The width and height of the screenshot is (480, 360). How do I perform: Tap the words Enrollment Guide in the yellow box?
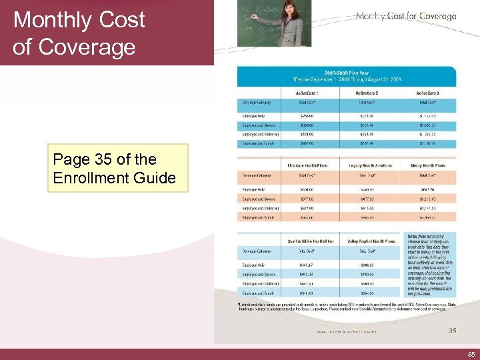pos(114,178)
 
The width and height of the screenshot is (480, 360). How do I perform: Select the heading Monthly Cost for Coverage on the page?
pos(406,16)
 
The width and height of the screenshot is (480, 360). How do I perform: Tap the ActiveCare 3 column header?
pos(428,93)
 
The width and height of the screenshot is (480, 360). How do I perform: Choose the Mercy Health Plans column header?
pos(428,165)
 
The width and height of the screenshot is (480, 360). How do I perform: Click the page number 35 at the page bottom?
pos(453,330)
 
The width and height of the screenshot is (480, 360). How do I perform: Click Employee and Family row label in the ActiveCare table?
pos(258,143)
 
